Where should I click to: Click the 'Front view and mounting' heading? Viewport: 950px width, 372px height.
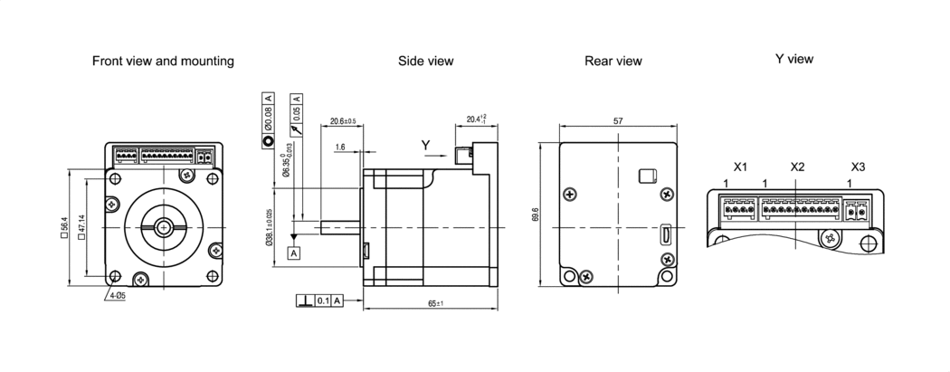(164, 62)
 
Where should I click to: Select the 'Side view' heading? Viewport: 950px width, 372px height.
(425, 62)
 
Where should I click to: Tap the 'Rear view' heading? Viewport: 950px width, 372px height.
(613, 62)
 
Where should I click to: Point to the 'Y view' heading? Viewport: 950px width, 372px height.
(793, 59)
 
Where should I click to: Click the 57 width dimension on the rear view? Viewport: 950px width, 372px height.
(618, 120)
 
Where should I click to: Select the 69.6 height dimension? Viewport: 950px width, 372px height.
(536, 215)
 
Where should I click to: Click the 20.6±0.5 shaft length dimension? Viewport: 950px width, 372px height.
(343, 120)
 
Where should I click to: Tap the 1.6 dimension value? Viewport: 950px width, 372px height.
(339, 147)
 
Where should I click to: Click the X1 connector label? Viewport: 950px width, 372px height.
(740, 167)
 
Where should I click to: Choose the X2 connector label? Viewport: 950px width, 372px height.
(797, 167)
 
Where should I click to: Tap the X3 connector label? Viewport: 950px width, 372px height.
(858, 167)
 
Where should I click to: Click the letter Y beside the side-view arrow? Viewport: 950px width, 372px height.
(425, 146)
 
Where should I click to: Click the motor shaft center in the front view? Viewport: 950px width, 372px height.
(163, 226)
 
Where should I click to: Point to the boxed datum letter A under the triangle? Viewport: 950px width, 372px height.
(293, 253)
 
